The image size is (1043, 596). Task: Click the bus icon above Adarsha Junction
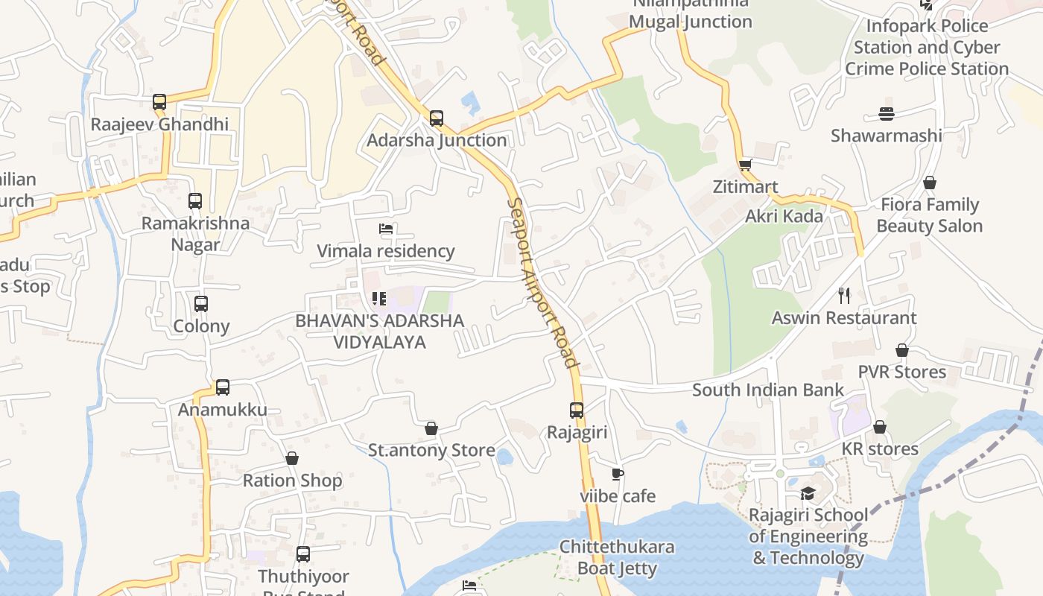[x=437, y=118]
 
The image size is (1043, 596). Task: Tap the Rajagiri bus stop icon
[x=577, y=410]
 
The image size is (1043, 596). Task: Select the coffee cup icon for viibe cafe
[x=617, y=474]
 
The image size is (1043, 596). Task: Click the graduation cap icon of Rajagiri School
[x=808, y=493]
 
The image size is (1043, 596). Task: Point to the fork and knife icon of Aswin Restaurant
[x=844, y=296]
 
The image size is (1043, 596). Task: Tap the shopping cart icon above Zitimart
[x=745, y=165]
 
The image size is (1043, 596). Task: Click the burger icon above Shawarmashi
[x=886, y=114]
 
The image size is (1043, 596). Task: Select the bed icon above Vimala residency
[x=386, y=229]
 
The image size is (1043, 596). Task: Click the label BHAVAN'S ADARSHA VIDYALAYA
[x=379, y=332]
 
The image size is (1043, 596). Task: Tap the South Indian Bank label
[x=767, y=390]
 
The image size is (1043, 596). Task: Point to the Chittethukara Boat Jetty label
[x=617, y=557]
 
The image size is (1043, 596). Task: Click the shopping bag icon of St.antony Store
[x=431, y=428]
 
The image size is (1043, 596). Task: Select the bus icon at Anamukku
[x=223, y=387]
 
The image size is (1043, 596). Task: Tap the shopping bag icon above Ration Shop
[x=292, y=458]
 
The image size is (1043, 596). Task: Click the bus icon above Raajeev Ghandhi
[x=159, y=102]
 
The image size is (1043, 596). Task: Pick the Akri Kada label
[x=784, y=216]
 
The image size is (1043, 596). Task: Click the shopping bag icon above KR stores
[x=880, y=427]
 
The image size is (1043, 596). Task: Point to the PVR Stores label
[x=901, y=372]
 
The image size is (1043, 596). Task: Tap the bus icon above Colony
[x=201, y=304]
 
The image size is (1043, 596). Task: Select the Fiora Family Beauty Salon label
[x=929, y=215]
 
